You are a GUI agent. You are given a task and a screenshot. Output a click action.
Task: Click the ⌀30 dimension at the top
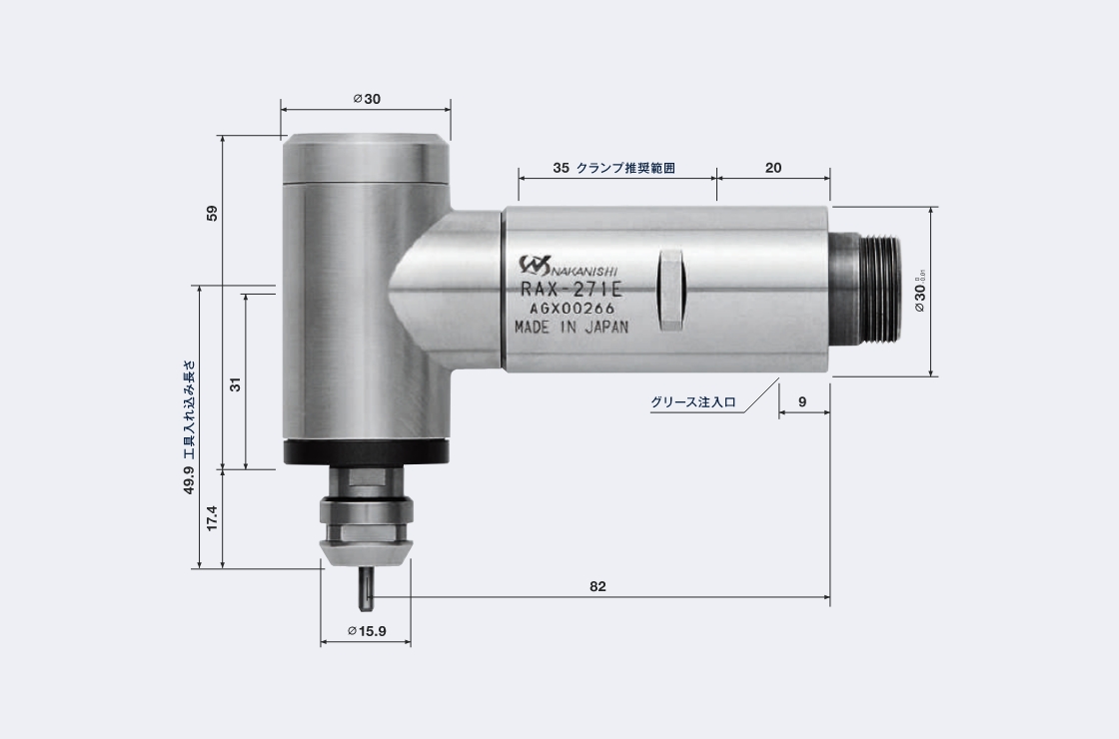[x=367, y=99]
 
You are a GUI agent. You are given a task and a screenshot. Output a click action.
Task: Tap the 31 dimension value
[x=236, y=383]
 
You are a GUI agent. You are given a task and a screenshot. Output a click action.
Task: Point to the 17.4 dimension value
[x=211, y=518]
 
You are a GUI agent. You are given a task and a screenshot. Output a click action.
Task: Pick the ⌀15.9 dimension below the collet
[x=367, y=631]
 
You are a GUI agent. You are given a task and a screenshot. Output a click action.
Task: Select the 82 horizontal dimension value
[x=597, y=586]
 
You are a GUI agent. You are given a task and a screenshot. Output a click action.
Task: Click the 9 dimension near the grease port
[x=802, y=401]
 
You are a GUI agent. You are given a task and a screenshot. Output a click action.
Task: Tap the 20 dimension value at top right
[x=773, y=168]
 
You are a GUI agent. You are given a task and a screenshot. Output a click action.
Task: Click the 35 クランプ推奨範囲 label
[x=613, y=168]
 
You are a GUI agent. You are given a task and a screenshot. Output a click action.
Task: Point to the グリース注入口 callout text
[x=692, y=402]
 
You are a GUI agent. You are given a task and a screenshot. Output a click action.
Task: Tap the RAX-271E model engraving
[x=570, y=290]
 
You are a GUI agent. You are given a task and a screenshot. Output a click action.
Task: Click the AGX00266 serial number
[x=571, y=308]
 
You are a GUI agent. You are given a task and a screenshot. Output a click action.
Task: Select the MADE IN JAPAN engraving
[x=571, y=327]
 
